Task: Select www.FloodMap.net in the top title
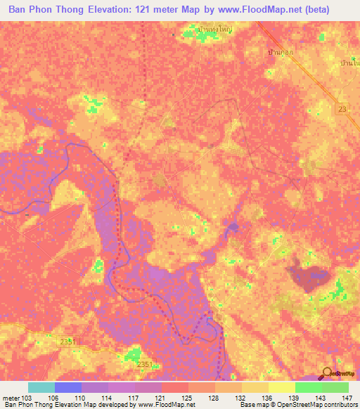(x=251, y=10)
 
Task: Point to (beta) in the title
(x=311, y=10)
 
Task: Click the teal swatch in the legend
(x=41, y=387)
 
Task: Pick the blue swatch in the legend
(x=68, y=387)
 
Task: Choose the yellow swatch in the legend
(x=282, y=387)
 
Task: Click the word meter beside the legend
(x=11, y=398)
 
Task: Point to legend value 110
(x=82, y=398)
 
